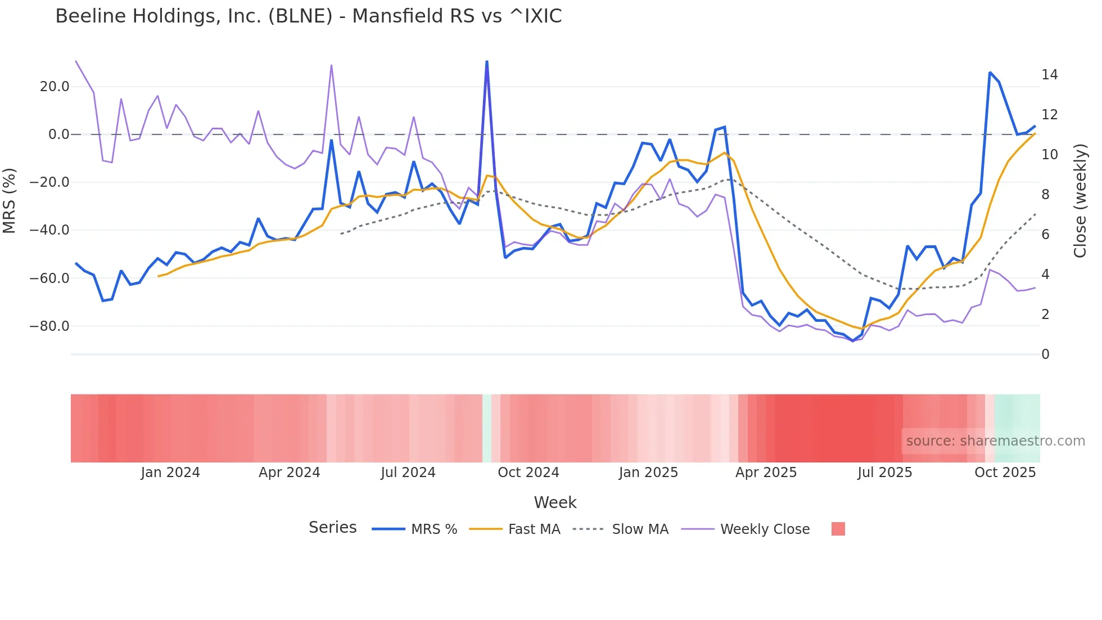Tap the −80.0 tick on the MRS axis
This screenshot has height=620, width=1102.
coord(49,326)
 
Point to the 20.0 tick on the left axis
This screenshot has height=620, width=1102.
coord(55,87)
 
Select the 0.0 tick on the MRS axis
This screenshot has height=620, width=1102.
coord(58,134)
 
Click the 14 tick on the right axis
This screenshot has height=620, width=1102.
coord(1049,75)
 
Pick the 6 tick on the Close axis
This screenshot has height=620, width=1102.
coord(1045,235)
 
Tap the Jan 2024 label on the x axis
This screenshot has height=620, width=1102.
coord(170,473)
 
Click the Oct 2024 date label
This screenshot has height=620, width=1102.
coord(529,473)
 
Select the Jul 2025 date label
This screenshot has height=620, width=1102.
coord(885,473)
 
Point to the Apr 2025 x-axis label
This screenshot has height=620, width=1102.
coord(766,473)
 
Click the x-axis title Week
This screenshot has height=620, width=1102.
coord(555,502)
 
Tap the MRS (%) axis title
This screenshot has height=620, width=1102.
coord(10,200)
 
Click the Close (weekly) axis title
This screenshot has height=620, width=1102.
coord(1080,201)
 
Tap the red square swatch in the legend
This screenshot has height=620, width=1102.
coord(838,529)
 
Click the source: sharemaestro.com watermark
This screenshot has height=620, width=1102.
coord(995,441)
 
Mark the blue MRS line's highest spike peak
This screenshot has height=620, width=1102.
coord(487,61)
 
